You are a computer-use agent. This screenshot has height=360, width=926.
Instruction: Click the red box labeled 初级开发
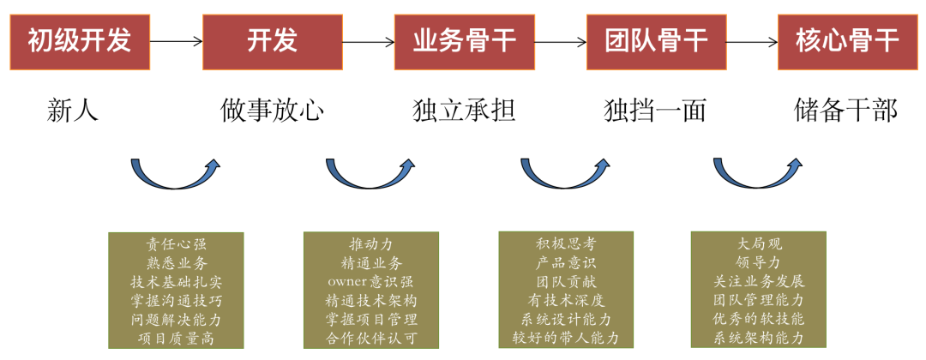coord(79,40)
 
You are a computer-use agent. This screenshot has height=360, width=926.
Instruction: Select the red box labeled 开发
coord(272,40)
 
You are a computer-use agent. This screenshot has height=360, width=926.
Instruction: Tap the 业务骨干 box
coord(464,40)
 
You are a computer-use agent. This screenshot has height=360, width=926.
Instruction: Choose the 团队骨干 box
coord(656,40)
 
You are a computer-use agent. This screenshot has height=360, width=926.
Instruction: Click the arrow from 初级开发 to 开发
coord(176,40)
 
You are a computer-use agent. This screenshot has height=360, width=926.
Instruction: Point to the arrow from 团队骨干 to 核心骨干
coord(752,40)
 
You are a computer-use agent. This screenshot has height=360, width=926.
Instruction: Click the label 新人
coord(74,111)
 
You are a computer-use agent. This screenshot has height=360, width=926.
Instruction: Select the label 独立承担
coord(464,111)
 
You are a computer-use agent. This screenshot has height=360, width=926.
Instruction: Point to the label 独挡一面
coord(655,111)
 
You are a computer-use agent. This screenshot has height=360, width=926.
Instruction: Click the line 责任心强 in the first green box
coord(176,244)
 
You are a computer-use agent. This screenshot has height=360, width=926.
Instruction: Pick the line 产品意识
coord(566,263)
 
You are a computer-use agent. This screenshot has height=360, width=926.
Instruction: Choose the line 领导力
coord(759,263)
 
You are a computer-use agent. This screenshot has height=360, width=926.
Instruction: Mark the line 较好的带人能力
coord(566,338)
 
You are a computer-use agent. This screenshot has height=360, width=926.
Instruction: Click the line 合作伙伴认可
coord(371,338)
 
